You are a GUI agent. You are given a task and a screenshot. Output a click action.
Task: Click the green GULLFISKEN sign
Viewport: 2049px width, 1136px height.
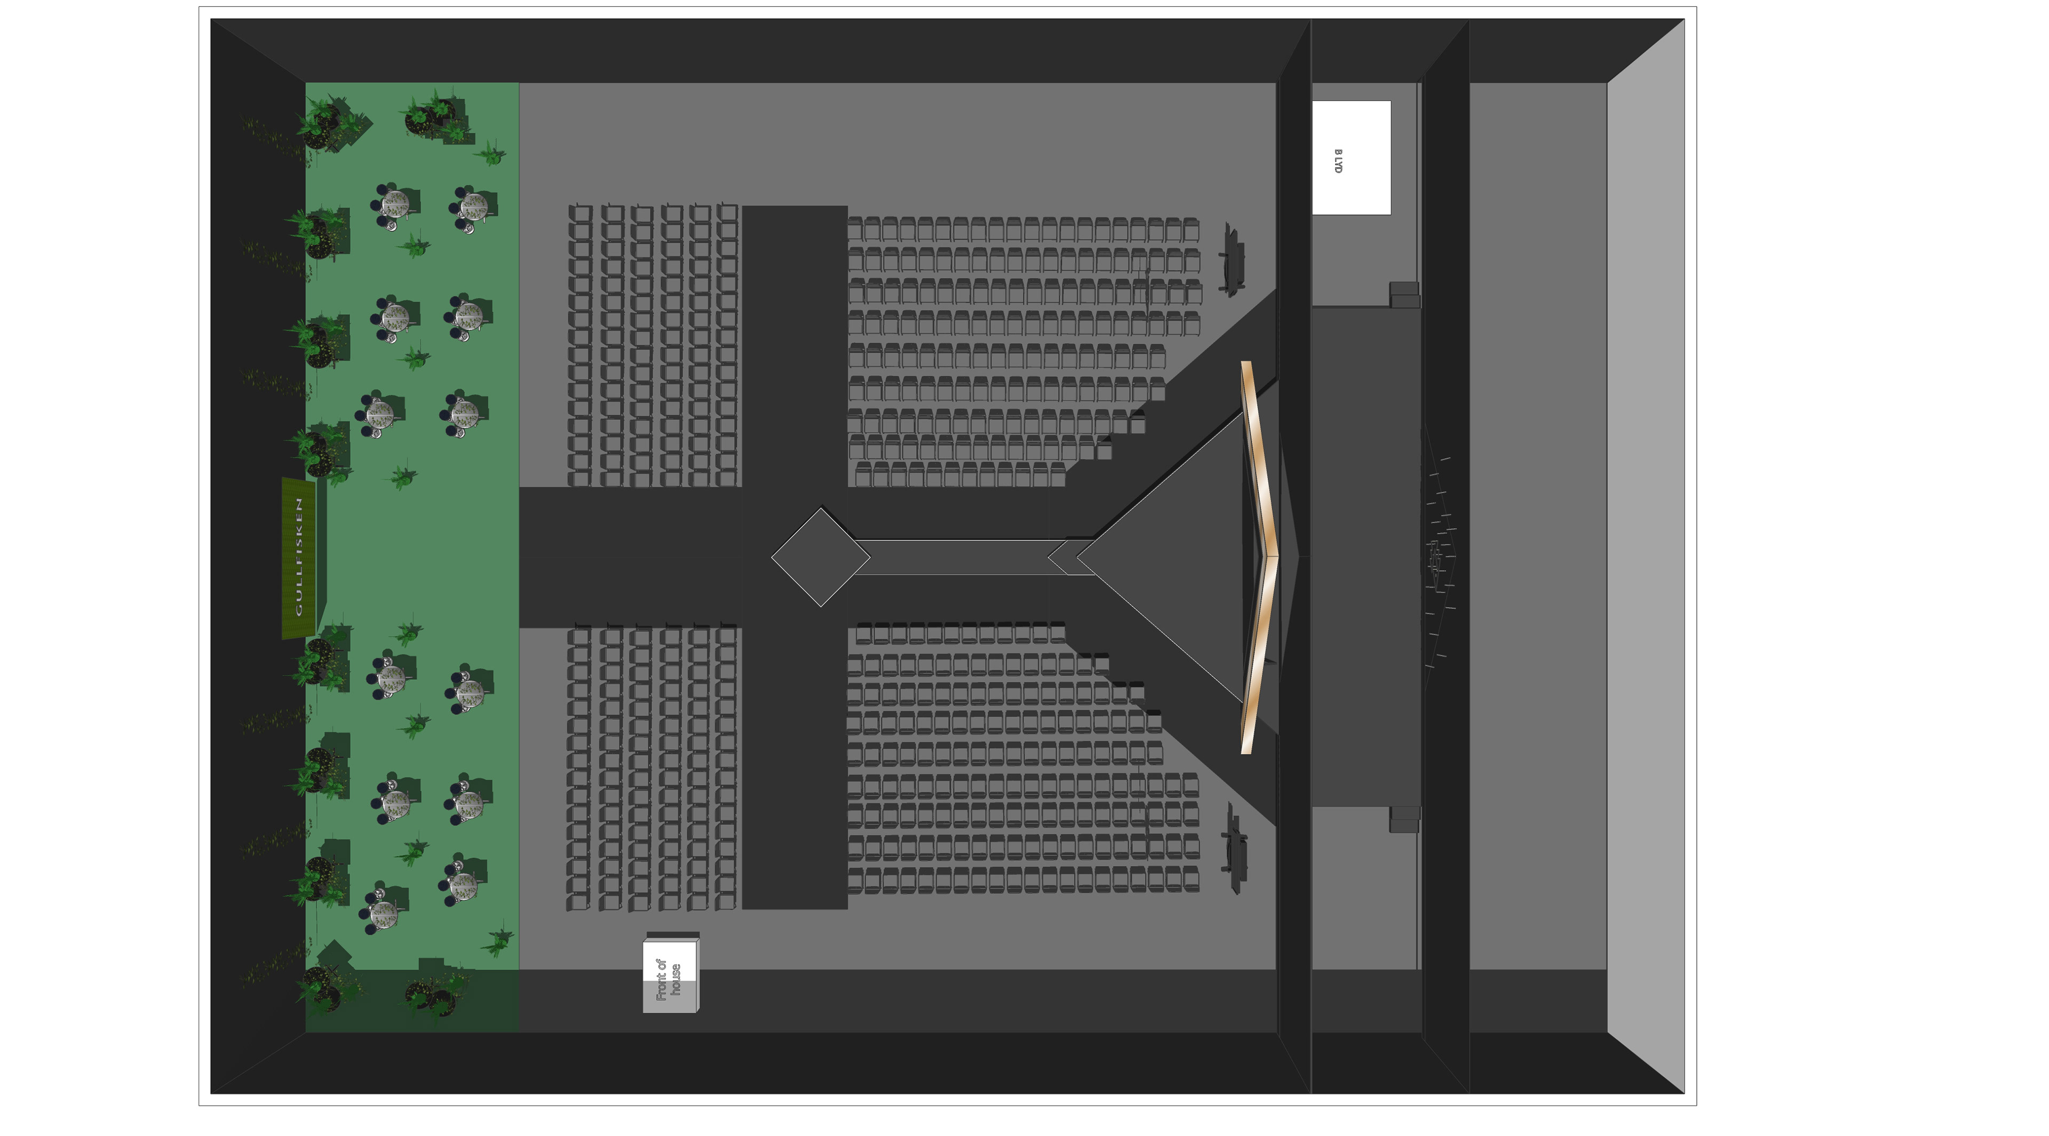pyautogui.click(x=298, y=557)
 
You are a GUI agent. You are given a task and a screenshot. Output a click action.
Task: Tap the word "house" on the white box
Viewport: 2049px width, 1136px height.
pyautogui.click(x=676, y=979)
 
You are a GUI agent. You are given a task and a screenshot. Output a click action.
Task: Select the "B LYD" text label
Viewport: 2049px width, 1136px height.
pyautogui.click(x=1339, y=161)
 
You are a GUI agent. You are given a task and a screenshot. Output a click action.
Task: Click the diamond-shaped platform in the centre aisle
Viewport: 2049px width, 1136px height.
pyautogui.click(x=820, y=558)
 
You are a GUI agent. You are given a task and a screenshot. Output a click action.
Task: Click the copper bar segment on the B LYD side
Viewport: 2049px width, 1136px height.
pyautogui.click(x=1259, y=457)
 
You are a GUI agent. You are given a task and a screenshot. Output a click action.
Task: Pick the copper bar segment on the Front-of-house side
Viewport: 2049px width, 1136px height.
pyautogui.click(x=1259, y=656)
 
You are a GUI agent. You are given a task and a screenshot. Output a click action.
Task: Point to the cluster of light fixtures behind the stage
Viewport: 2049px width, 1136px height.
pyautogui.click(x=1436, y=557)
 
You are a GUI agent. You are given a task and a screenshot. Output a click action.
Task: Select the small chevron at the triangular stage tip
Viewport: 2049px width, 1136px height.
pyautogui.click(x=1062, y=557)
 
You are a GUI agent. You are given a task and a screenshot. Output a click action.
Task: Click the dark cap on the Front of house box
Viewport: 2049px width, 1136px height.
pyautogui.click(x=673, y=935)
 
